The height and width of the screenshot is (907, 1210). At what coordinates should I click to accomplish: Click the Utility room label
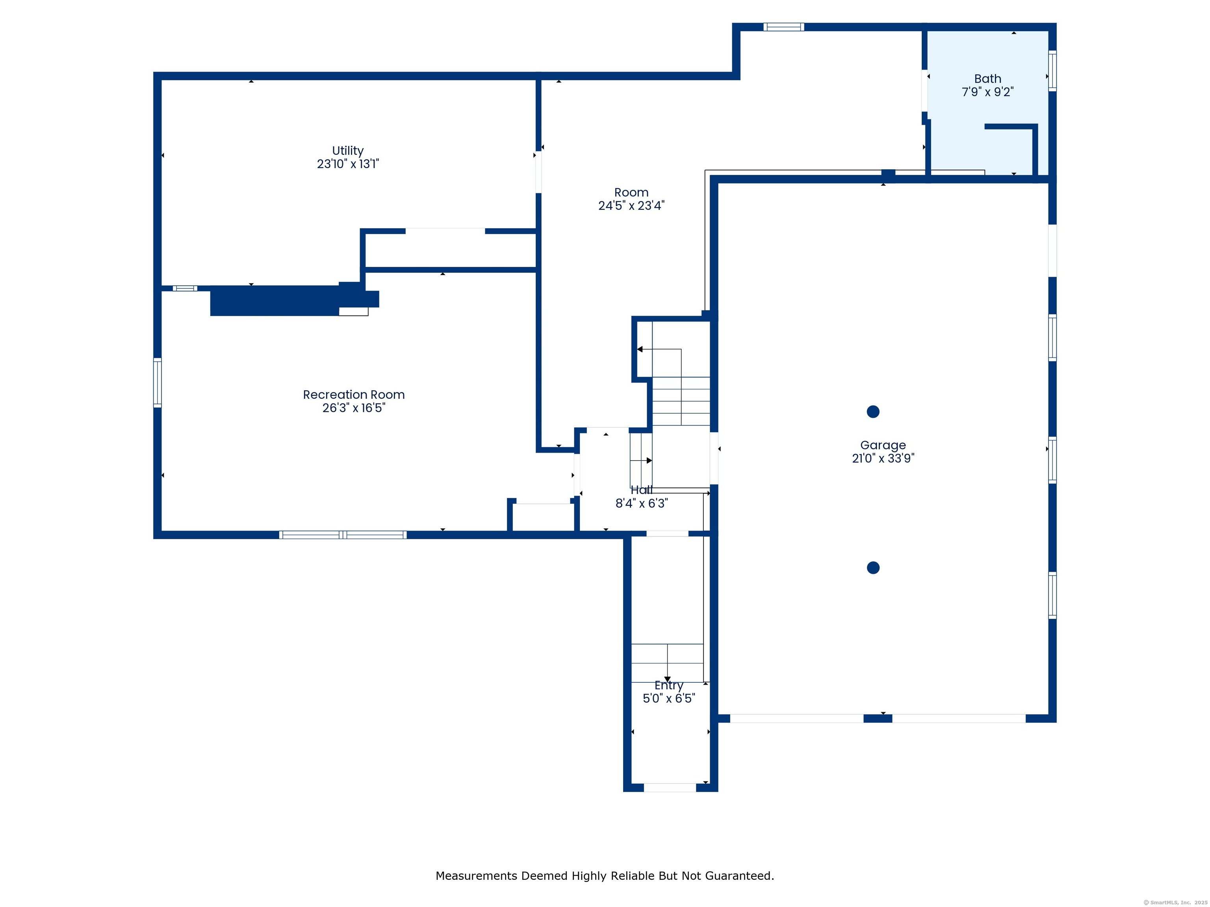(348, 151)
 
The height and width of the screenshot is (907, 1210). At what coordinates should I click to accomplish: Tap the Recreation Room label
(354, 395)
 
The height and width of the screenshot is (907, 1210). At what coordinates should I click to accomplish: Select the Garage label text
(883, 446)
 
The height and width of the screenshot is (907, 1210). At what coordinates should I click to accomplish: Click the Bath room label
(987, 79)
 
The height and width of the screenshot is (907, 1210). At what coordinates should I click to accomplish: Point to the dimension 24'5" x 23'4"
(631, 205)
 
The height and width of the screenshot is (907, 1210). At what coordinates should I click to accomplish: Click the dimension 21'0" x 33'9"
(883, 459)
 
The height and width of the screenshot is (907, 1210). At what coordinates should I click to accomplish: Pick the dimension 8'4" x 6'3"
(642, 503)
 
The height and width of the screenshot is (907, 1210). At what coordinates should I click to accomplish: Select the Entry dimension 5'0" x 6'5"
(669, 698)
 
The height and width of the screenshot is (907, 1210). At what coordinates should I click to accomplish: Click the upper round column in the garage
(873, 412)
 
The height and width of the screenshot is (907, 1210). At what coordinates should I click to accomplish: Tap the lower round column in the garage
(873, 568)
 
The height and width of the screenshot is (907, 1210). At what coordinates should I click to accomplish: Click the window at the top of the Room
(784, 27)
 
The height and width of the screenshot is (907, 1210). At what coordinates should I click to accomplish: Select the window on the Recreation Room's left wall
(158, 383)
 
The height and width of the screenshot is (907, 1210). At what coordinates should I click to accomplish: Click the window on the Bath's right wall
(1052, 70)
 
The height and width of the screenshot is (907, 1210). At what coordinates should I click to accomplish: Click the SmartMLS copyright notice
(1176, 903)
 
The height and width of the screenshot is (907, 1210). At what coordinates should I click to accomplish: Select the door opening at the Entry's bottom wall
(670, 788)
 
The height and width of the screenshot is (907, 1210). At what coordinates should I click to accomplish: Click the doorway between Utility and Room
(539, 172)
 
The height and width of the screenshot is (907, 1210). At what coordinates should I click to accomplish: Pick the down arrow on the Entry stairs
(667, 679)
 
